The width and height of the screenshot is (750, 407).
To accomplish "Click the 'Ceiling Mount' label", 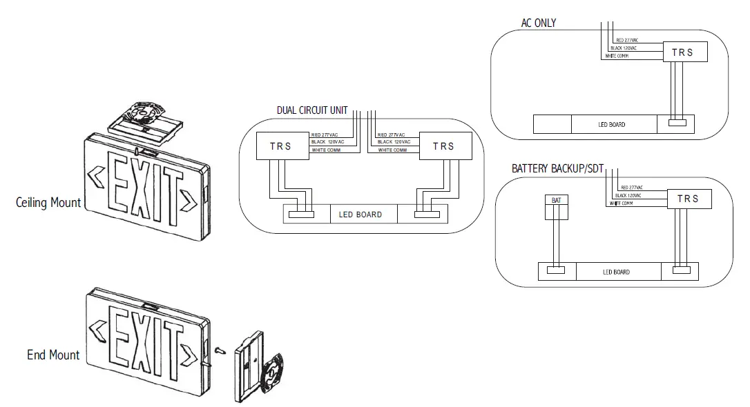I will pyautogui.click(x=48, y=203).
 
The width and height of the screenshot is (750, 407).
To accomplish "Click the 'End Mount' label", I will pyautogui.click(x=53, y=355).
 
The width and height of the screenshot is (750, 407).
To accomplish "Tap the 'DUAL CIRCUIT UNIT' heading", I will pyautogui.click(x=313, y=110).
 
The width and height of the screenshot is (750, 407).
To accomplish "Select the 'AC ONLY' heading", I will pyautogui.click(x=538, y=23).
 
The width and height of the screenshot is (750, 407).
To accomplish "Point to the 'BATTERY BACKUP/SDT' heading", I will pyautogui.click(x=557, y=168).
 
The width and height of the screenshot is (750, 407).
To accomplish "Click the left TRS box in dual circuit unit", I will pyautogui.click(x=280, y=146).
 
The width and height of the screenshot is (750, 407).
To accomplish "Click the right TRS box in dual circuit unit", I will pyautogui.click(x=443, y=146).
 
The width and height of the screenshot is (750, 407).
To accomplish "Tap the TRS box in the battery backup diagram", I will pyautogui.click(x=688, y=199).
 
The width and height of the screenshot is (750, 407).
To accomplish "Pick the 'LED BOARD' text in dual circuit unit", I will pyautogui.click(x=360, y=215).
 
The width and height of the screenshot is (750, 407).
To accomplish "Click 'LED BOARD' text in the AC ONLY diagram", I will pyautogui.click(x=611, y=125).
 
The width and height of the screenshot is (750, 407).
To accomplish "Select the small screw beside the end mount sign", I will pyautogui.click(x=220, y=350).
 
